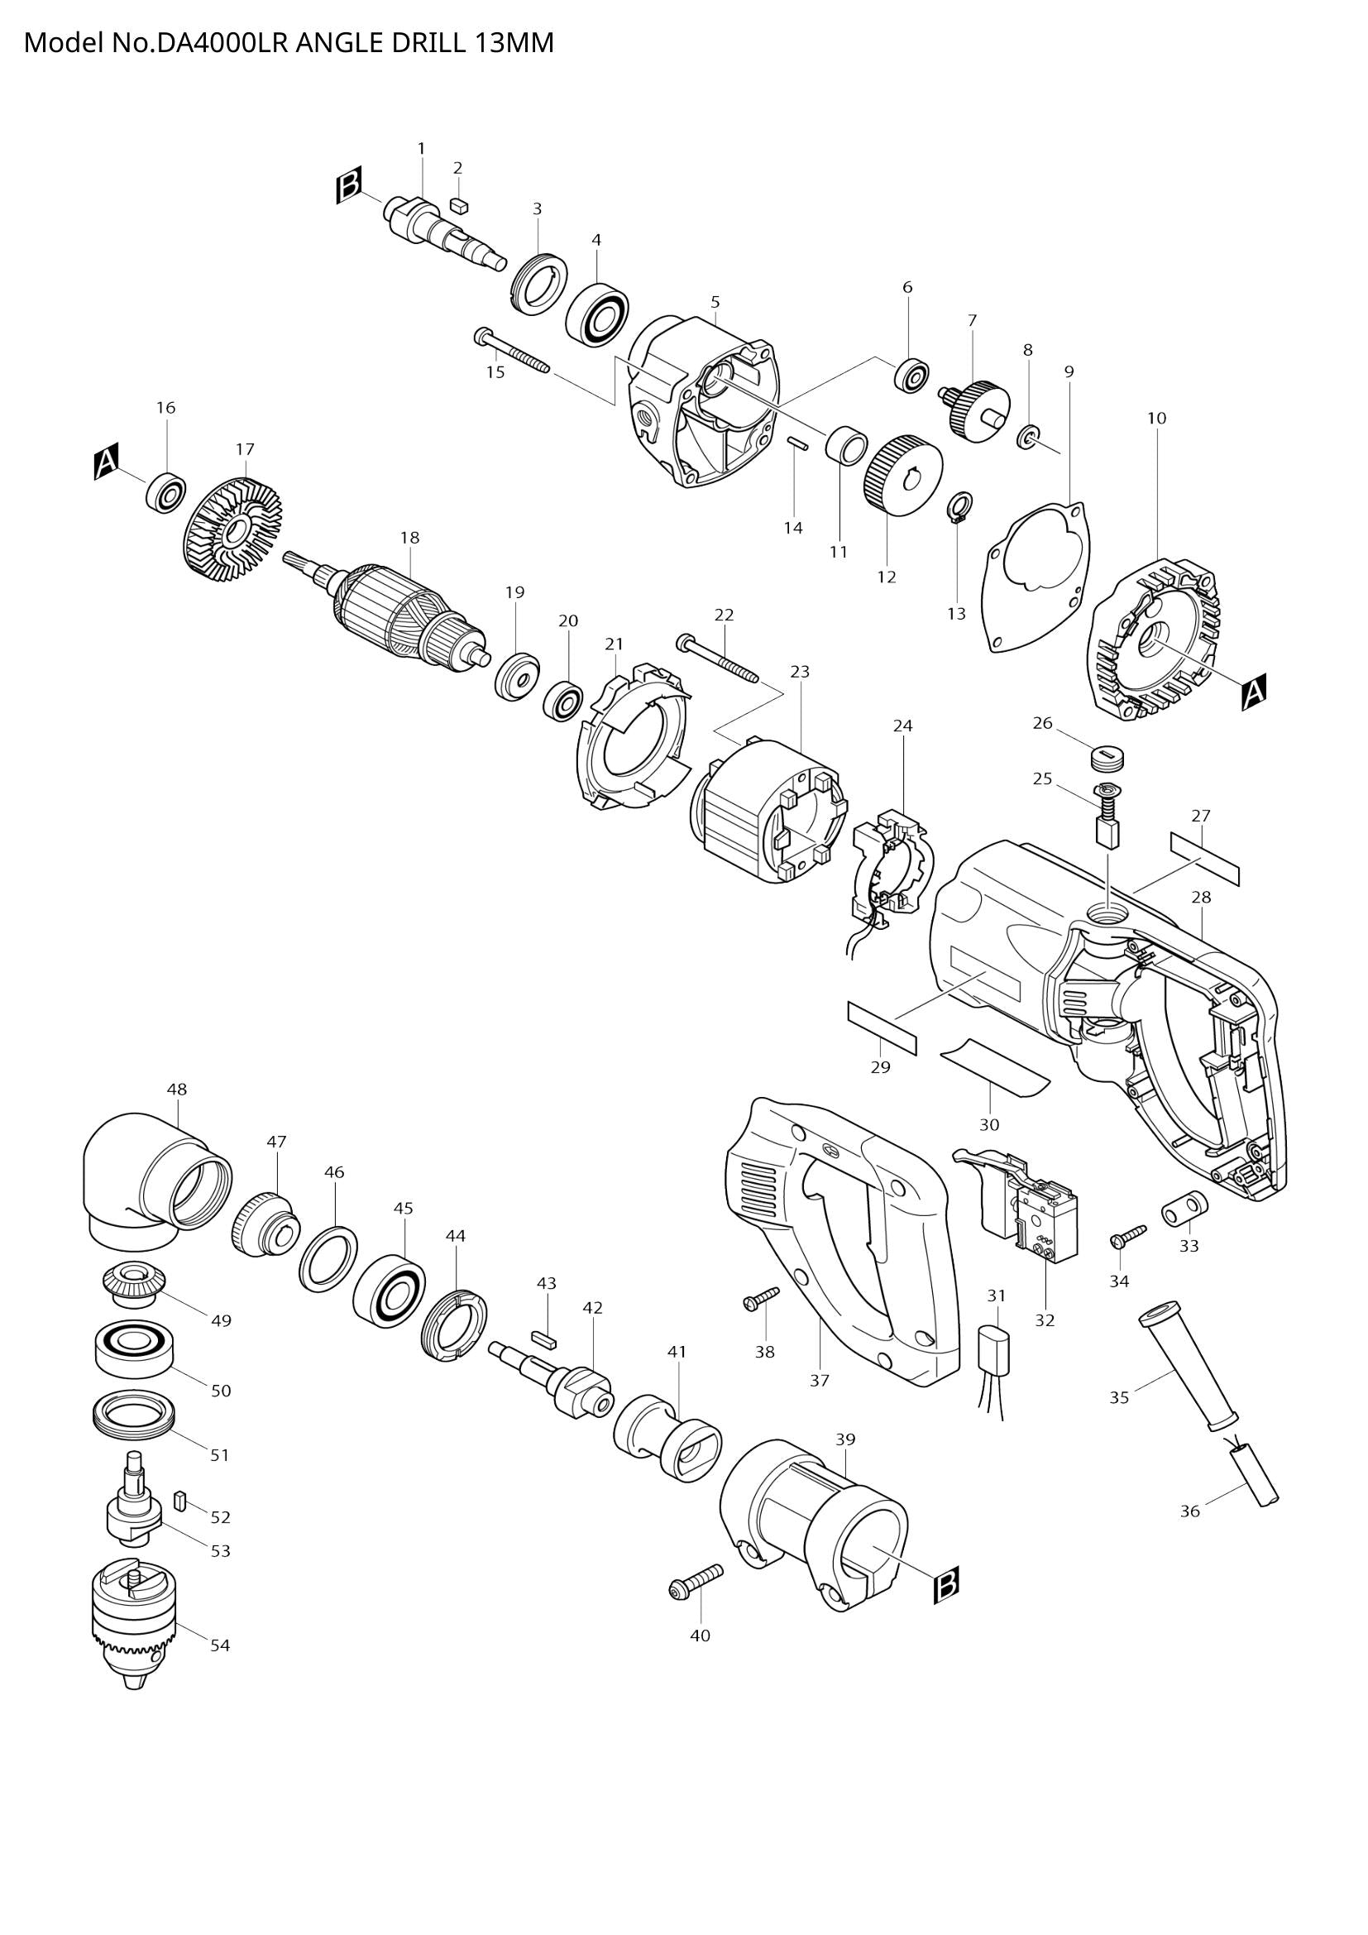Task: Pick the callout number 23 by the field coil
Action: [800, 672]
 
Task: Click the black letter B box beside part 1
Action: [349, 186]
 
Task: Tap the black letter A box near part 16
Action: [106, 463]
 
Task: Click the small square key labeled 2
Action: [459, 204]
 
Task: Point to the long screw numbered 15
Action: [511, 351]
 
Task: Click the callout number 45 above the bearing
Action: [404, 1209]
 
